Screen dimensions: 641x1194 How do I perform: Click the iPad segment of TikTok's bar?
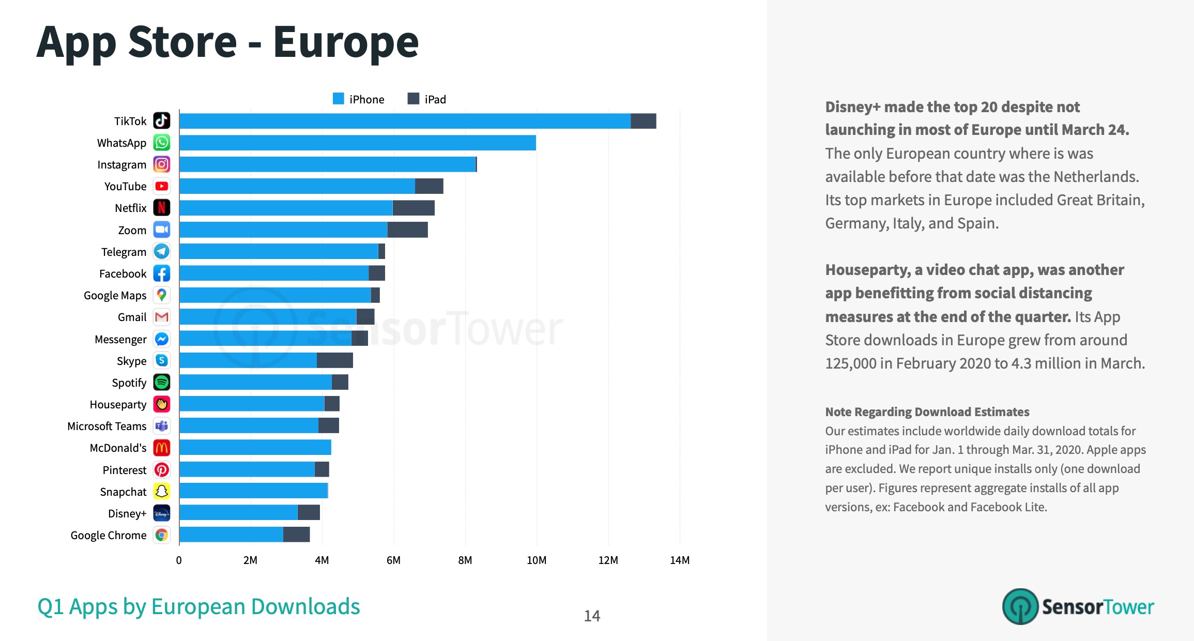pos(643,121)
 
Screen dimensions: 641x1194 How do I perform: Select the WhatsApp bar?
pos(357,143)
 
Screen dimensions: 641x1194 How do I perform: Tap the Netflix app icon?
pos(162,208)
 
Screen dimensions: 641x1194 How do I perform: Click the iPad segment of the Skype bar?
pos(334,360)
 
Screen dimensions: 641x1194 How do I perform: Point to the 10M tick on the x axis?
pos(536,560)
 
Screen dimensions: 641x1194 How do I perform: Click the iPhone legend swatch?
pos(339,99)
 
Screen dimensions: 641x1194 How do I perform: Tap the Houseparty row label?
pos(118,404)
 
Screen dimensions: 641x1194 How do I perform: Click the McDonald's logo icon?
pos(162,448)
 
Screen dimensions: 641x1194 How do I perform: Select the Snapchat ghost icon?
pos(162,491)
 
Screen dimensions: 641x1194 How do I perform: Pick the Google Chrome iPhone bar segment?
pos(231,535)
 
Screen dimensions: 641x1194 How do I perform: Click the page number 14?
pos(592,616)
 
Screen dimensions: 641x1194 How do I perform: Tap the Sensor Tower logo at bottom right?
pos(1078,606)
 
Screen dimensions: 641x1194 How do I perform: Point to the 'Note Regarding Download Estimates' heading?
pos(927,412)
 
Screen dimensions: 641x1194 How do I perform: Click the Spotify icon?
pos(162,383)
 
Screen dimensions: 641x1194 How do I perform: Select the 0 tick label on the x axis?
pos(179,560)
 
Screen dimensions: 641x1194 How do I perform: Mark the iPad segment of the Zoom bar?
pos(407,230)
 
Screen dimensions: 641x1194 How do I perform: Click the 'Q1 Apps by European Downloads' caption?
pos(198,606)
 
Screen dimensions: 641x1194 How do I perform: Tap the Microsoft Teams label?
pos(107,426)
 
